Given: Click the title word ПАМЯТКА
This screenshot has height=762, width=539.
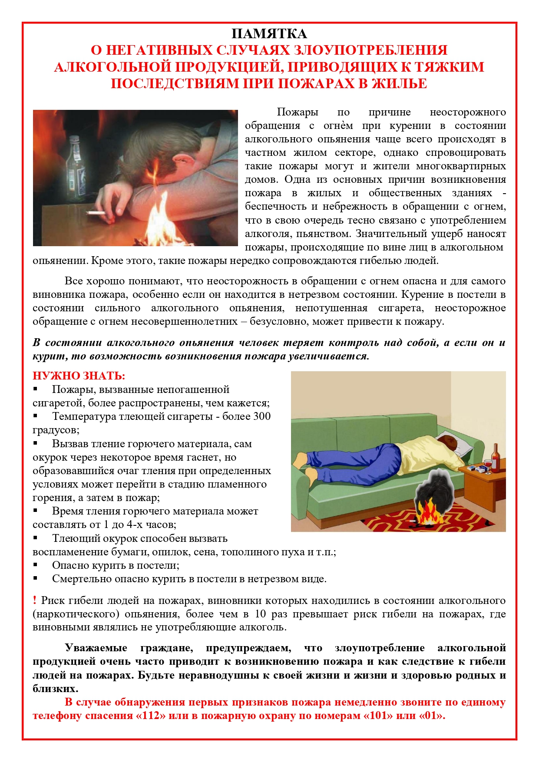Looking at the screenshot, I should [269, 34].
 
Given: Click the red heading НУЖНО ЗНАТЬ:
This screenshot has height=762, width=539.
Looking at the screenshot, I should [79, 376].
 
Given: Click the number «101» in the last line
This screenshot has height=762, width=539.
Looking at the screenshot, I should [377, 716].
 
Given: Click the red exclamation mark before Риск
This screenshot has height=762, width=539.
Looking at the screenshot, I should [35, 600].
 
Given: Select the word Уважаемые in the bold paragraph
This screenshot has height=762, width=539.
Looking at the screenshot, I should [96, 648].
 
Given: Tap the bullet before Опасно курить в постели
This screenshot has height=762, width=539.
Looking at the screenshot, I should [36, 565].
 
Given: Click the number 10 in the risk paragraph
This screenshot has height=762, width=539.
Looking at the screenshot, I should [260, 614].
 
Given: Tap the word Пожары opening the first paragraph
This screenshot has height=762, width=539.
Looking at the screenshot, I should [297, 112].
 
